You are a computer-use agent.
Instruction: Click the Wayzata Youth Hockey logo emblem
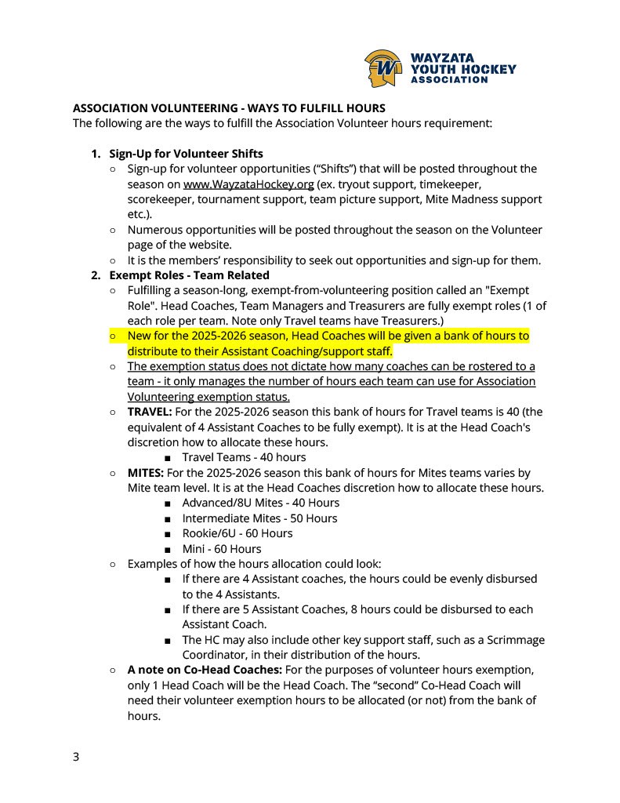coord(385,68)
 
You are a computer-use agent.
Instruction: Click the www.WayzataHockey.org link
coord(248,184)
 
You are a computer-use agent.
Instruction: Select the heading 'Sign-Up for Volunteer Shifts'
coord(186,153)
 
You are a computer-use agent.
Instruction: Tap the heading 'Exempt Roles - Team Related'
coord(189,275)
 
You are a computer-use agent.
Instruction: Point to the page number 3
coord(76,757)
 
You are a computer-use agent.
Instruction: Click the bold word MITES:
coord(146,473)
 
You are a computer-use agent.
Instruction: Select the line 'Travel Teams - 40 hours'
coord(244,457)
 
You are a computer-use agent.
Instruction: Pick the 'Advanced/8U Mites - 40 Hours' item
coord(260,503)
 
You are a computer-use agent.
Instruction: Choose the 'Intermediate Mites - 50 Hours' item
coord(259,518)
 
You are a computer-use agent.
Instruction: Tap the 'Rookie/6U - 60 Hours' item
coord(237,533)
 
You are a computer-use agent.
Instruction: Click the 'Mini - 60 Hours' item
coord(222,549)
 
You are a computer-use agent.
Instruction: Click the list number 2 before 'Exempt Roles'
coord(95,275)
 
